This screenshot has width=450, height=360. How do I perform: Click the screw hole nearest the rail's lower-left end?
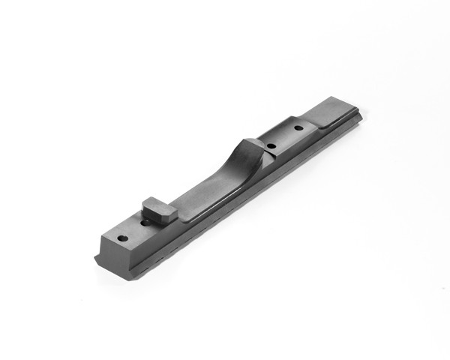123,238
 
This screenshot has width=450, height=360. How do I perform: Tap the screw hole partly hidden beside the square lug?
145,223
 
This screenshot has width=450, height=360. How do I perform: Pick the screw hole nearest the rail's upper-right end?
298,129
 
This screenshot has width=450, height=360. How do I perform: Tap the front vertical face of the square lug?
155,217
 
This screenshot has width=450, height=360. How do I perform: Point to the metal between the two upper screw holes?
285,138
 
